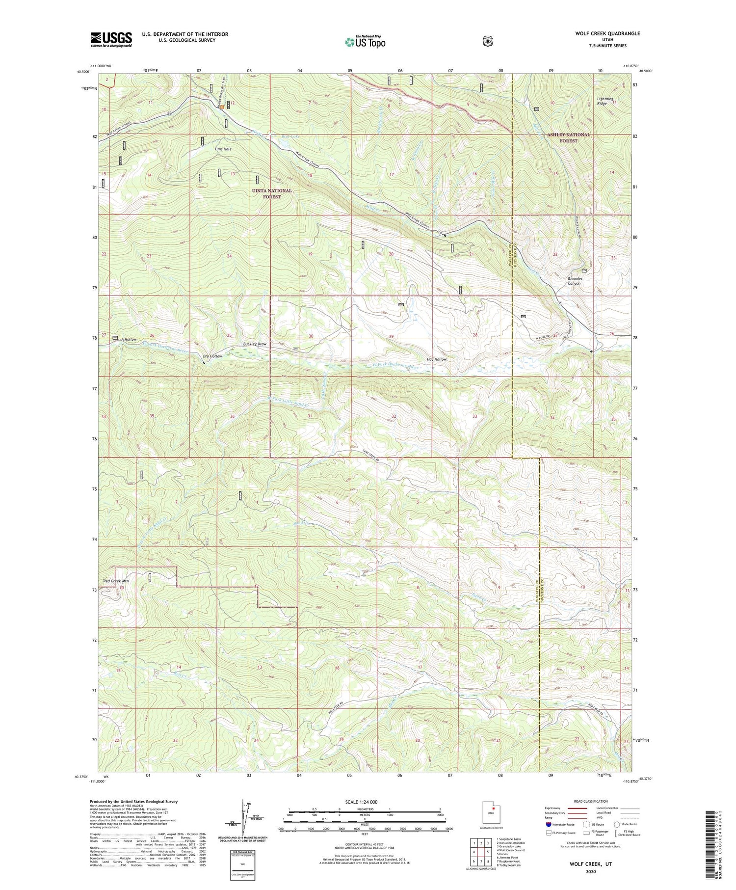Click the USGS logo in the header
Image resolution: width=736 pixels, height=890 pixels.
point(111,39)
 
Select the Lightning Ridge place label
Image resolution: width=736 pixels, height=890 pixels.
point(602,101)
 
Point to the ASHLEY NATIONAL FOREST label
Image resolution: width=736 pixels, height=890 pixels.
point(569,137)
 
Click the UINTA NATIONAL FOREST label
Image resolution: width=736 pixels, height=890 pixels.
point(271,193)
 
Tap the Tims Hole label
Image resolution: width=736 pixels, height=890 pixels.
point(223,149)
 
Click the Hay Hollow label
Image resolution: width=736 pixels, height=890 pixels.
point(437,359)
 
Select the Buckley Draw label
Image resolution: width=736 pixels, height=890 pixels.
point(255,344)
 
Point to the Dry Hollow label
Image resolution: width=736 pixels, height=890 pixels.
point(212,356)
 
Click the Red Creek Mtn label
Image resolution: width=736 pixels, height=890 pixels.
point(115,581)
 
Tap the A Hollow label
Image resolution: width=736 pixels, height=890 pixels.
point(129,340)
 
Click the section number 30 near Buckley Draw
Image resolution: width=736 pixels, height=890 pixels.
point(311,336)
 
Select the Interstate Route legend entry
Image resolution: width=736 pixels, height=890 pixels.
point(559,824)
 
